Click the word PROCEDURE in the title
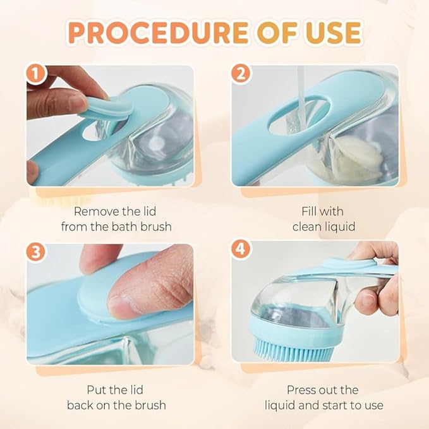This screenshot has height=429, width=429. click(147, 32)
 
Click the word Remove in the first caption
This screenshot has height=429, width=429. click(94, 211)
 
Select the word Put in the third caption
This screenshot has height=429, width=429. click(97, 390)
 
